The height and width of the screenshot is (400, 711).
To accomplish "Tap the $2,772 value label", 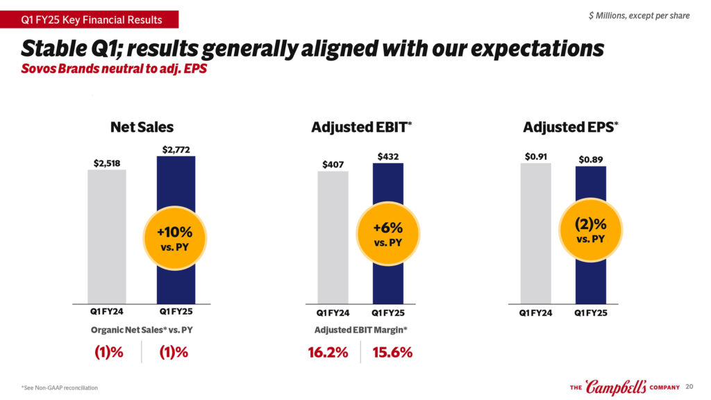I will point(176,149).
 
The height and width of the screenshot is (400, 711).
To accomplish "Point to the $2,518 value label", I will point(107,163).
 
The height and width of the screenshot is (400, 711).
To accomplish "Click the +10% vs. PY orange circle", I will point(170,238).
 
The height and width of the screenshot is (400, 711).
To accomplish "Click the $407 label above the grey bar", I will point(333,165).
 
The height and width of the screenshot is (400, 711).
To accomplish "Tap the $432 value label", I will point(388,157).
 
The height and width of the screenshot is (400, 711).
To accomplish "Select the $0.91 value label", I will point(535,157).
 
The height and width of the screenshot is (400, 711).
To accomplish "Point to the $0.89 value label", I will point(590,160).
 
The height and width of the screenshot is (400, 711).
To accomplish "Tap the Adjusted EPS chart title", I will point(570,127).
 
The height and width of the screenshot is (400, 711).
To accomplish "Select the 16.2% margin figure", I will point(328,352).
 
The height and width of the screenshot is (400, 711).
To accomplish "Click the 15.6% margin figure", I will point(392,352).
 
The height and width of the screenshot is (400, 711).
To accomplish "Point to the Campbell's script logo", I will point(614,386).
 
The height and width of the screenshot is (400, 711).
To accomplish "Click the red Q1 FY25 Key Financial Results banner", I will point(90,19).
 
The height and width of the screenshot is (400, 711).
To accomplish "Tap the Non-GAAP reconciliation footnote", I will point(60,387).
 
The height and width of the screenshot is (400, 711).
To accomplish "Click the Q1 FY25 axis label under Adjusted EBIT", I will point(388,312).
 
